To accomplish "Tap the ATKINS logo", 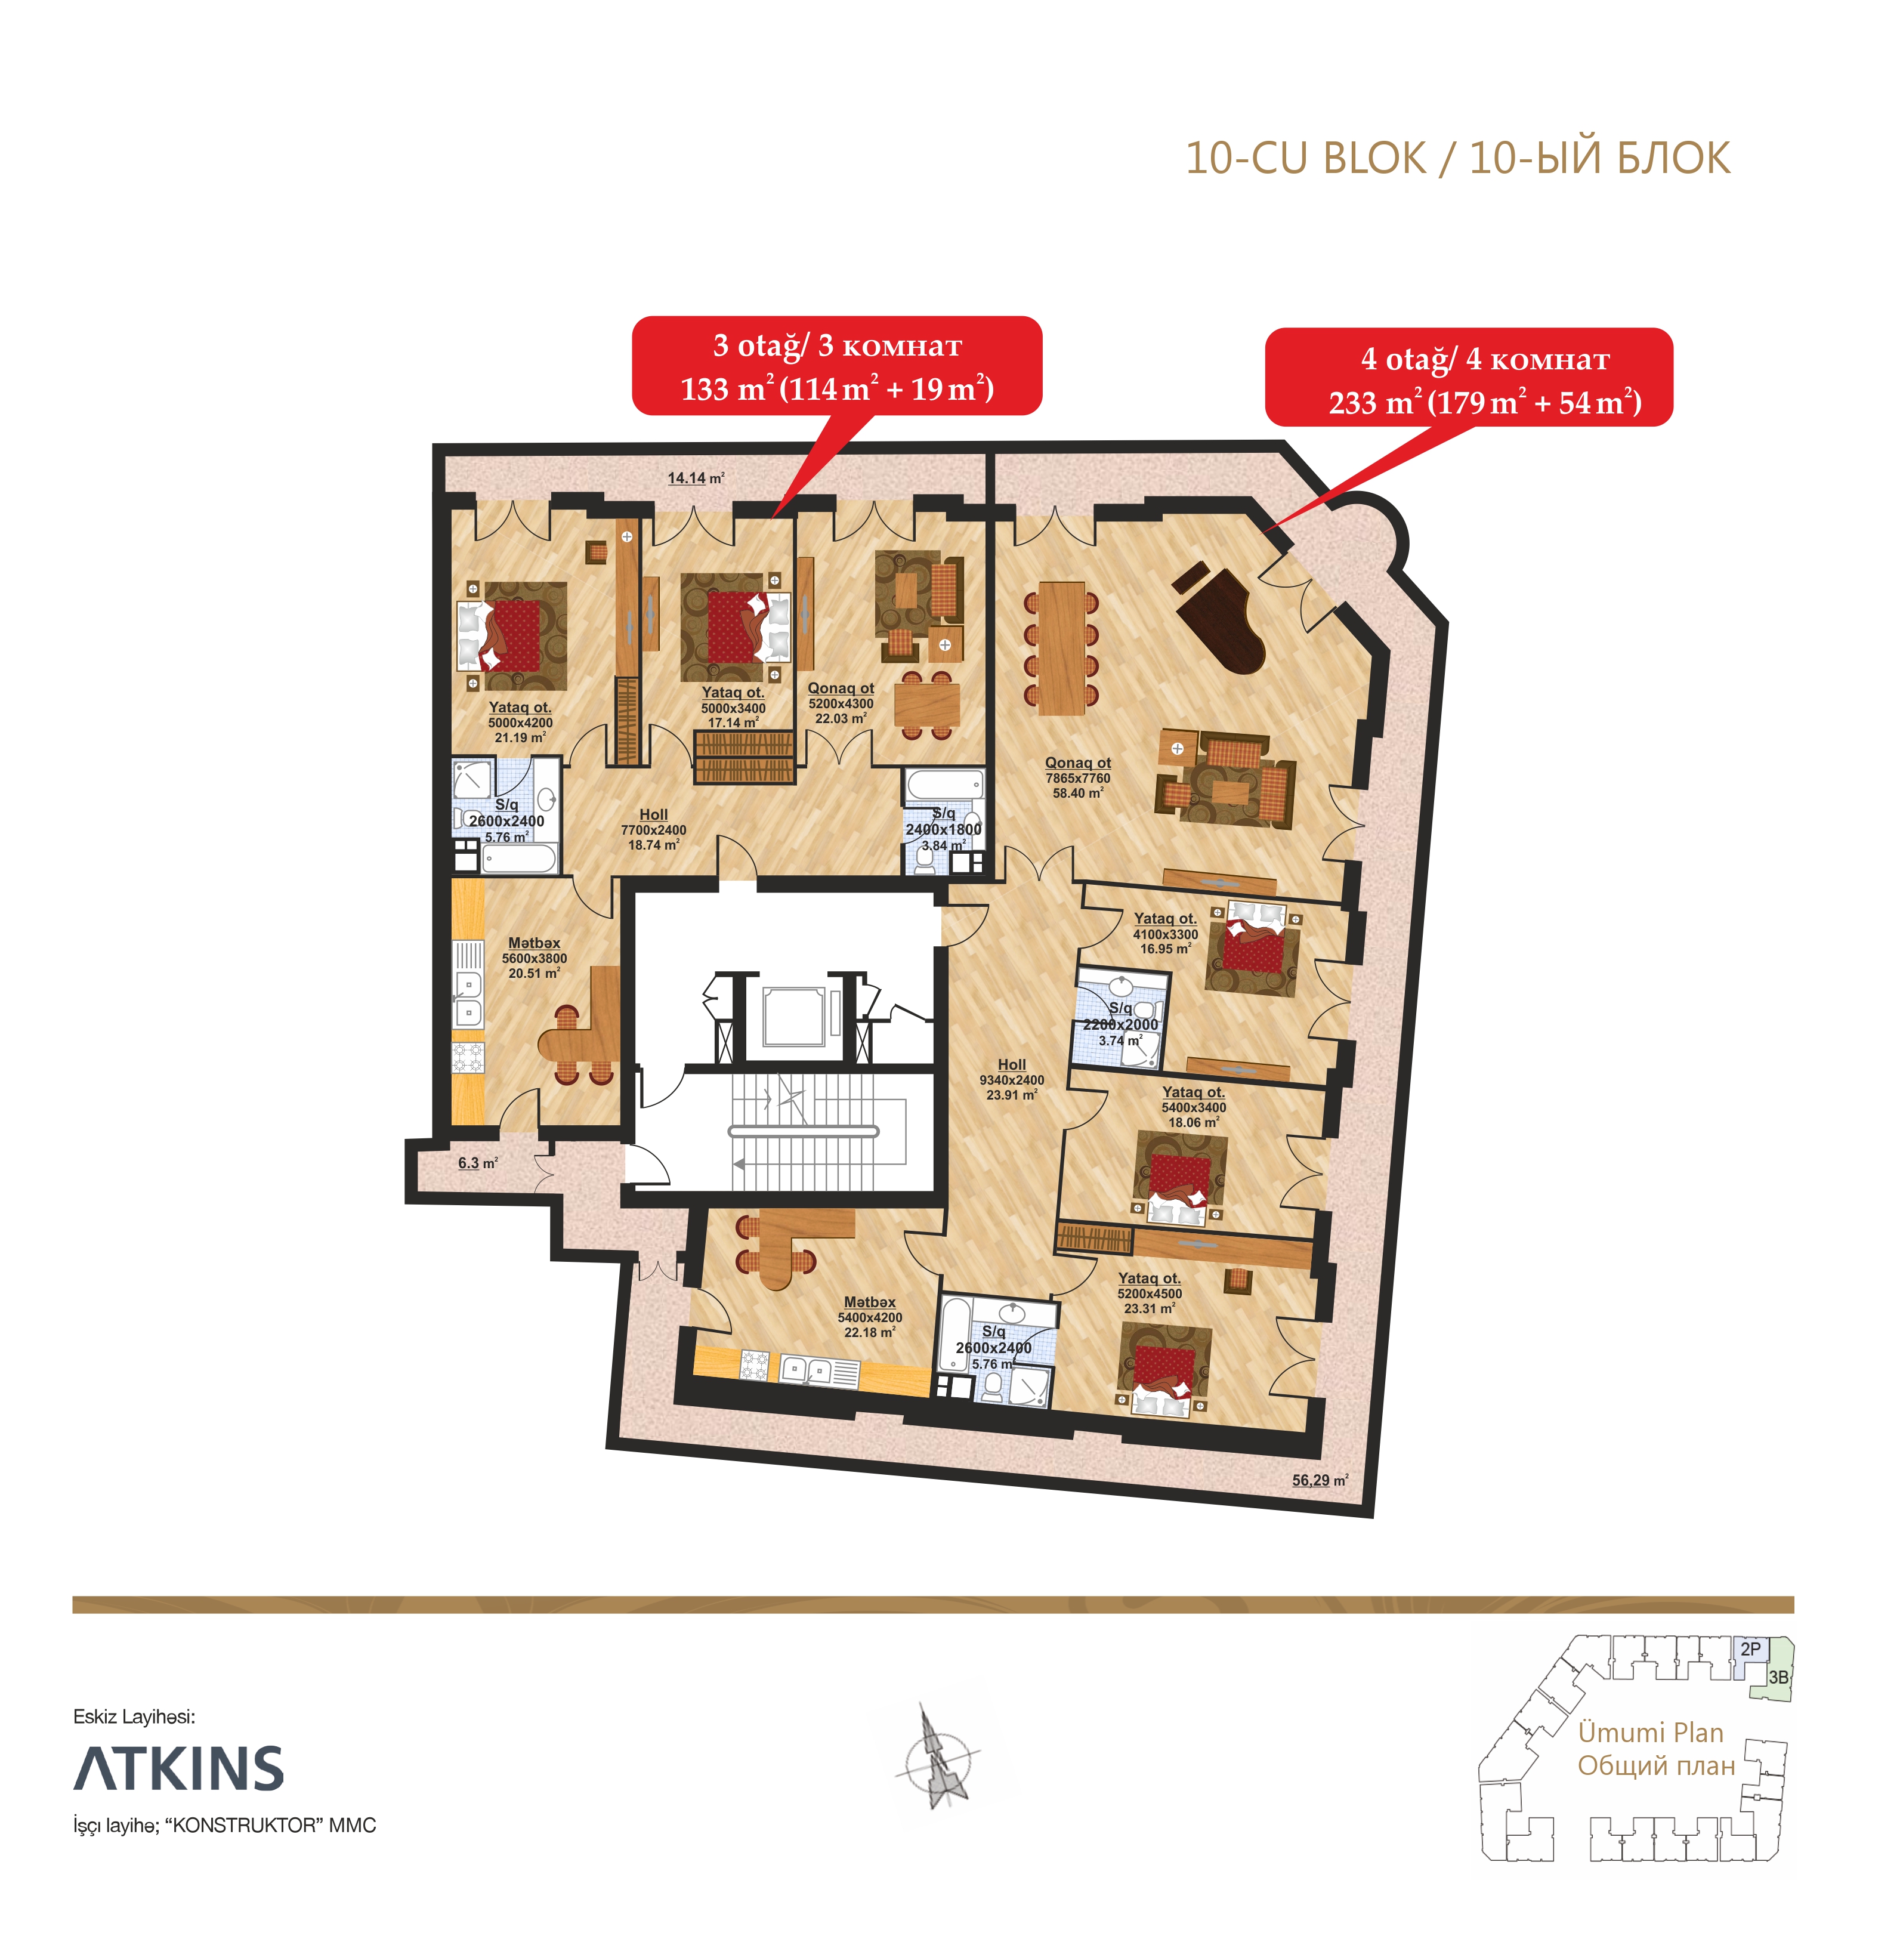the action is pos(179,1769).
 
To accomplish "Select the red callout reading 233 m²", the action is pos(1469,378).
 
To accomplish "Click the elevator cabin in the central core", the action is pos(793,1017).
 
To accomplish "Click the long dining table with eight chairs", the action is pos(1061,648).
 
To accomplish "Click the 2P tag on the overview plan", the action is pos(1750,1649).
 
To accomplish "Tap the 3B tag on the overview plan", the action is pos(1778,1677).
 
